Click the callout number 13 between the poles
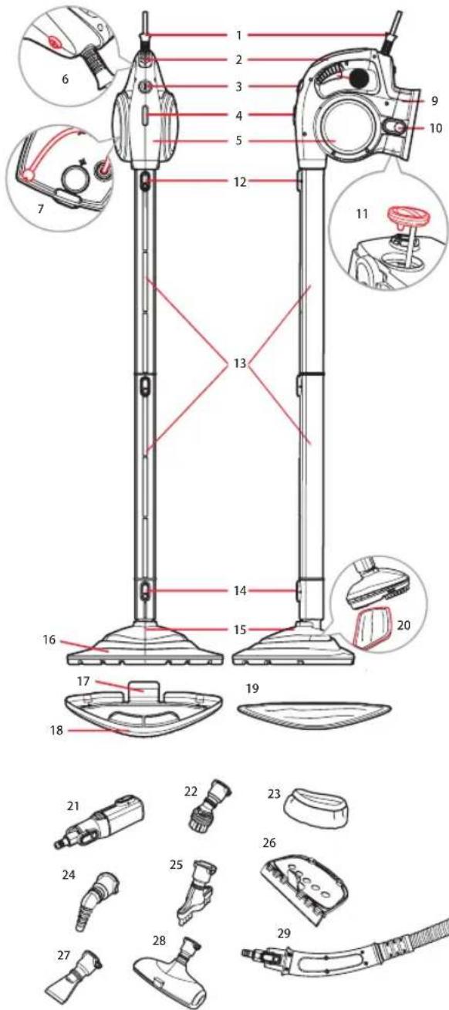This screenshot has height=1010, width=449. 240,363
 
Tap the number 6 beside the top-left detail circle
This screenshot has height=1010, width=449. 66,79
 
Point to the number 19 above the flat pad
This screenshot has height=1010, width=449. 252,688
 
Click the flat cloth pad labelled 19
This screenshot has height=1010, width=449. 314,713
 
